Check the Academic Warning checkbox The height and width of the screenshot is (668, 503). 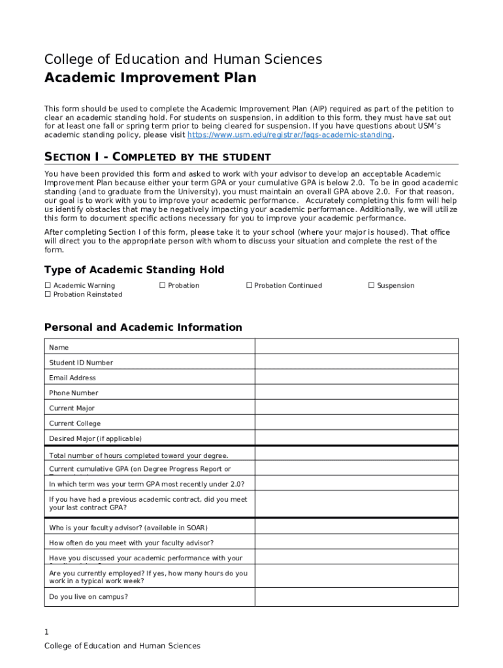(x=48, y=286)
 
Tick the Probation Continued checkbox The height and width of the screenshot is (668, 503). (x=249, y=286)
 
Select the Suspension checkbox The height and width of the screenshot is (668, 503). (x=372, y=286)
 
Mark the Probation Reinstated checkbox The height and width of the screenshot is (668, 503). (x=48, y=295)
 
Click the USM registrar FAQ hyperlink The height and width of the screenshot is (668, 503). (x=289, y=135)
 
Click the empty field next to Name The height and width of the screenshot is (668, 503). (x=356, y=347)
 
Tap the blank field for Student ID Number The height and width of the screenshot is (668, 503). (x=356, y=363)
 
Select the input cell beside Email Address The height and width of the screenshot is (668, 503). (x=356, y=378)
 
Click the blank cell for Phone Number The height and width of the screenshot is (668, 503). (x=356, y=393)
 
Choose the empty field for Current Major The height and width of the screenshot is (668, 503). (x=356, y=408)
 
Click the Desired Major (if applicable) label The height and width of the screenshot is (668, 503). (x=95, y=438)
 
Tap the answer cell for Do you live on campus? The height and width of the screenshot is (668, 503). (x=356, y=597)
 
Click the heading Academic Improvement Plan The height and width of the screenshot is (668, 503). (x=150, y=78)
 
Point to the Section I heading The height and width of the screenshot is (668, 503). (x=157, y=157)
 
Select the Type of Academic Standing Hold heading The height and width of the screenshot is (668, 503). (x=134, y=270)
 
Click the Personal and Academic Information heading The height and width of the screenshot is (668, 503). (x=143, y=327)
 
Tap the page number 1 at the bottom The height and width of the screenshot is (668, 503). (x=46, y=632)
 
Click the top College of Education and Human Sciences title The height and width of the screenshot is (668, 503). (x=183, y=59)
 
